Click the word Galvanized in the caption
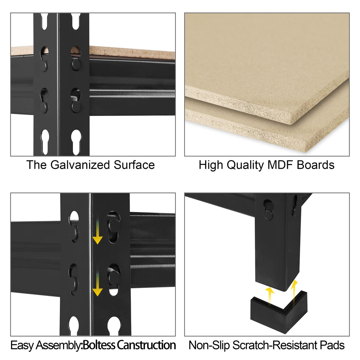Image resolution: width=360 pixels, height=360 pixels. click(80, 165)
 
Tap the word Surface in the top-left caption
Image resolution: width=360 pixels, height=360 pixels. click(134, 165)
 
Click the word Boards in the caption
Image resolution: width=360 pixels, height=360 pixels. click(316, 165)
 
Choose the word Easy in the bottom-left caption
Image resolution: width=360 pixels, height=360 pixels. click(22, 345)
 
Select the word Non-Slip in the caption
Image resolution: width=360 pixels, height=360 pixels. click(209, 345)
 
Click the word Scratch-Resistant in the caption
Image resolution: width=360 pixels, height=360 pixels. click(275, 345)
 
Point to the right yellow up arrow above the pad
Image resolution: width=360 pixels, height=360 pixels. click(294, 293)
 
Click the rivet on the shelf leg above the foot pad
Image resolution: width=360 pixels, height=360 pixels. click(268, 215)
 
